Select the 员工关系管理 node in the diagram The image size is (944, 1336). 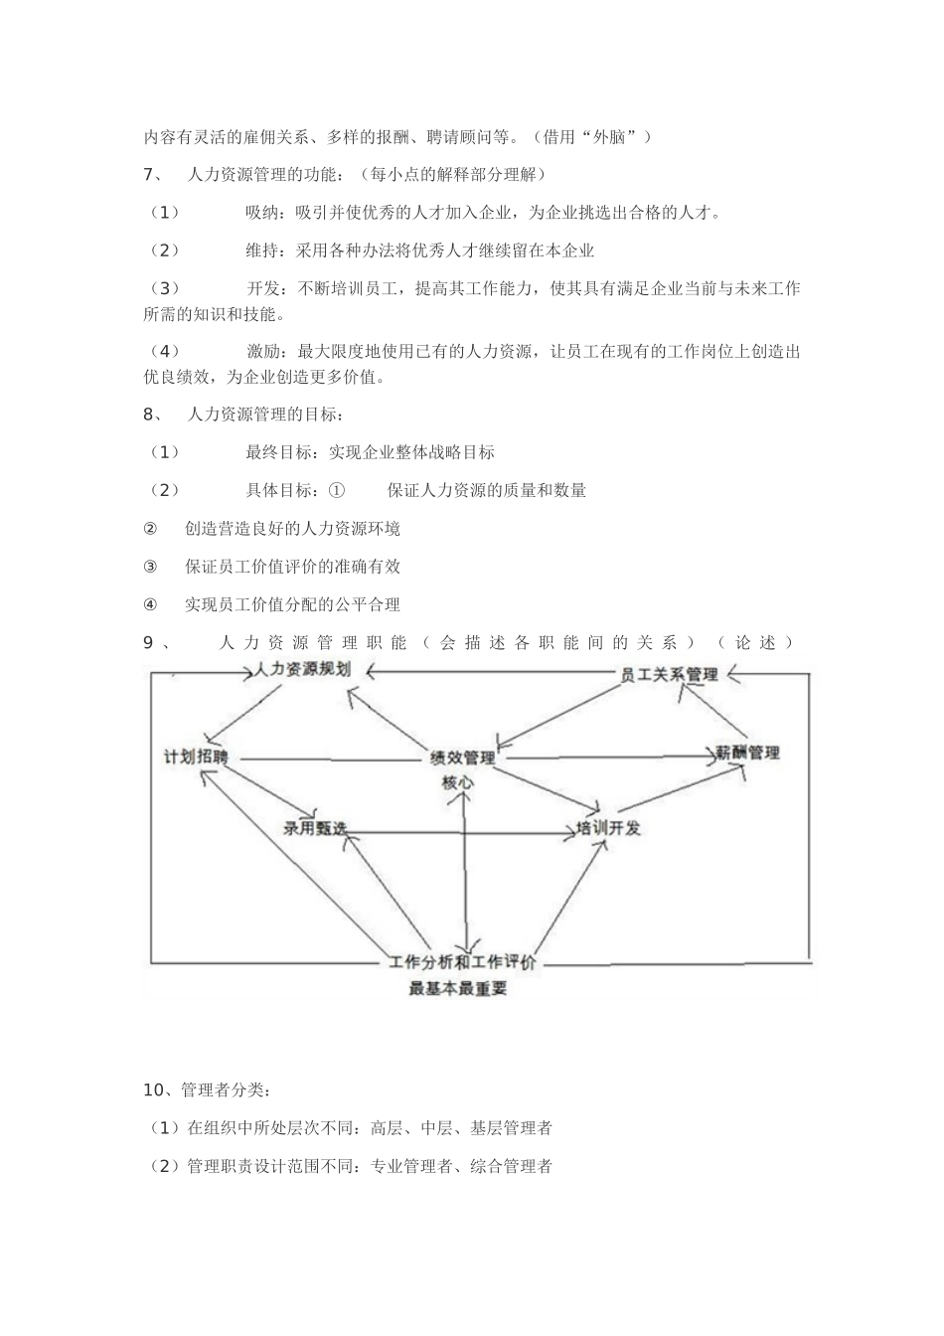669,675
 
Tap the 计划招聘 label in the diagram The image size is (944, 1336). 196,757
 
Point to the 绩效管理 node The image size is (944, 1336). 462,758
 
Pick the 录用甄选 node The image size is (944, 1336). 315,828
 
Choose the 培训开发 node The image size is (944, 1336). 609,828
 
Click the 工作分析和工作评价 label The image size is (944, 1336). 463,962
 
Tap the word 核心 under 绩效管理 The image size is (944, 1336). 458,782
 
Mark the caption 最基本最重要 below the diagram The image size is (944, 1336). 458,989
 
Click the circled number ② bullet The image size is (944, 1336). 151,529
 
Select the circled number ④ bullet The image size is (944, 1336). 151,604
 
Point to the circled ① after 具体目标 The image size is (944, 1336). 336,490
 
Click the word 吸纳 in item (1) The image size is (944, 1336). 262,213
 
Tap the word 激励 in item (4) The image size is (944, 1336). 262,351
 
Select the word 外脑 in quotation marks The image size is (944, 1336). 608,136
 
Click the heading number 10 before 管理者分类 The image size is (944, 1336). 153,1090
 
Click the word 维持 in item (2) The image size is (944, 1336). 262,250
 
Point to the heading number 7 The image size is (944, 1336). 149,175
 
